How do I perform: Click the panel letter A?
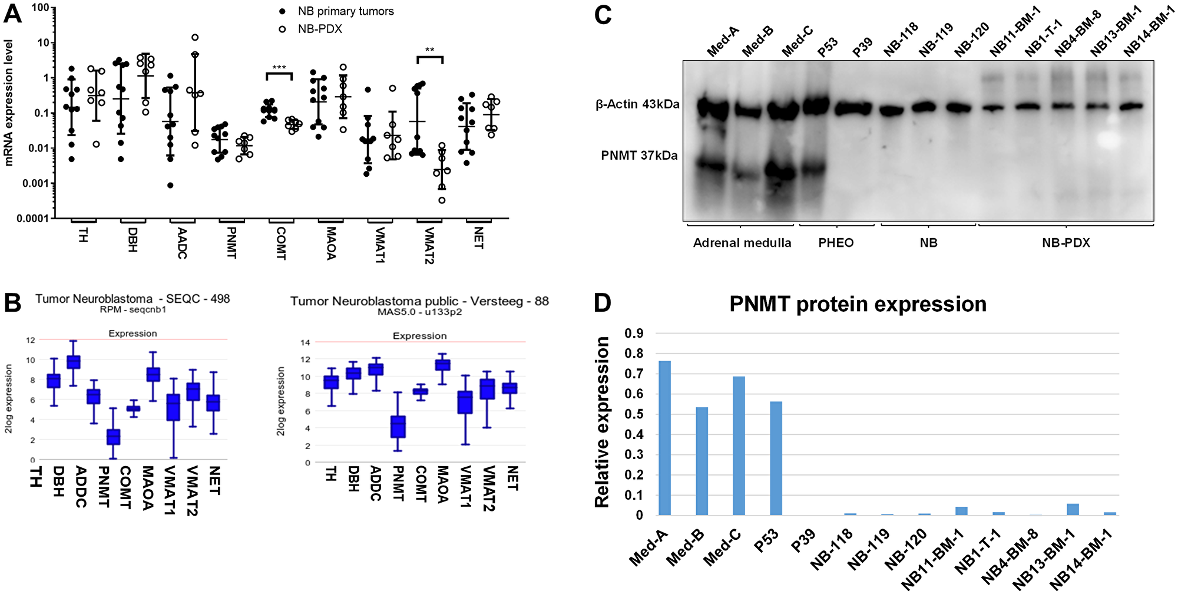(x=12, y=13)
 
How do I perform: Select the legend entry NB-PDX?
(x=320, y=29)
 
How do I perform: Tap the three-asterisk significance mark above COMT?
(x=279, y=68)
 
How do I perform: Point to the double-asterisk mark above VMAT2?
(x=430, y=50)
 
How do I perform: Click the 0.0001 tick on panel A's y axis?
(x=32, y=219)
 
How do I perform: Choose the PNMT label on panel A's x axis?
(x=231, y=242)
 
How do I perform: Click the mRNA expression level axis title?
(x=9, y=103)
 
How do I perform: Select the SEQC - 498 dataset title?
(x=133, y=299)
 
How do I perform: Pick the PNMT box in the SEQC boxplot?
(x=113, y=437)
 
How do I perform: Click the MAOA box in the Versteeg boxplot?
(x=442, y=365)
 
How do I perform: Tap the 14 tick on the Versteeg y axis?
(x=305, y=342)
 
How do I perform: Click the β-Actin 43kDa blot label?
(x=637, y=104)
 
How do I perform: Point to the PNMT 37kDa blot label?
(x=639, y=156)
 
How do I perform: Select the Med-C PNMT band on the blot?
(x=780, y=171)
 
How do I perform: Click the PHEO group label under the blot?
(x=836, y=243)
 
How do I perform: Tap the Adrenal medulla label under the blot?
(x=742, y=243)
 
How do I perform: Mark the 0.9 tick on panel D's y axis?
(x=634, y=334)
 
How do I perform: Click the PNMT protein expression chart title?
(x=858, y=304)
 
